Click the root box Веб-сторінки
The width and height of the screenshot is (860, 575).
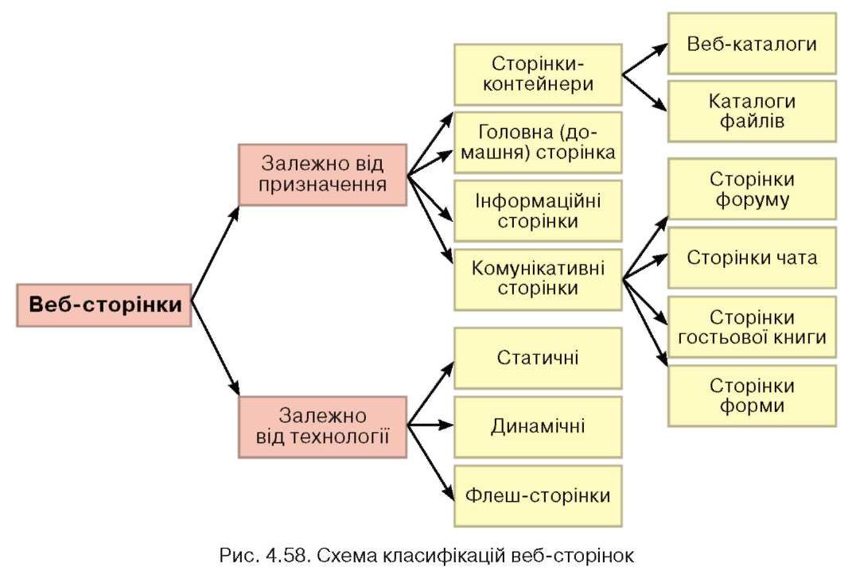click(x=104, y=305)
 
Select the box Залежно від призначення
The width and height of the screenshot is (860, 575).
click(x=322, y=175)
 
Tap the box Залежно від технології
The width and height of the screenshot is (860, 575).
click(x=322, y=427)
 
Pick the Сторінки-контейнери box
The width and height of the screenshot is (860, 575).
click(x=538, y=75)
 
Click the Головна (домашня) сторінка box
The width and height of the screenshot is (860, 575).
click(x=538, y=142)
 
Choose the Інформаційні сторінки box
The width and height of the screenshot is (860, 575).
click(x=538, y=211)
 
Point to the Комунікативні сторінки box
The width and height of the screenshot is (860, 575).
click(x=538, y=280)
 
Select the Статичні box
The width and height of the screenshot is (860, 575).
click(x=538, y=359)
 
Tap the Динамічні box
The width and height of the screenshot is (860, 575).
click(x=538, y=427)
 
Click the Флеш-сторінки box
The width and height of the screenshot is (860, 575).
click(x=538, y=496)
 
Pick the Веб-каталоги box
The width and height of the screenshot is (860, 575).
click(x=752, y=44)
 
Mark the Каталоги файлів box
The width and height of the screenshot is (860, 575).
click(x=752, y=111)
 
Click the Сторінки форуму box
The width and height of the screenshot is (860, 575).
click(x=752, y=189)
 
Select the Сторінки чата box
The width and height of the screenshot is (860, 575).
click(x=752, y=258)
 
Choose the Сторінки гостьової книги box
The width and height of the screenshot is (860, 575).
click(x=752, y=327)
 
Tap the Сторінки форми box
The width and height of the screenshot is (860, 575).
click(x=752, y=396)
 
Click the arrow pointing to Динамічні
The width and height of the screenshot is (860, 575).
click(x=430, y=425)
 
